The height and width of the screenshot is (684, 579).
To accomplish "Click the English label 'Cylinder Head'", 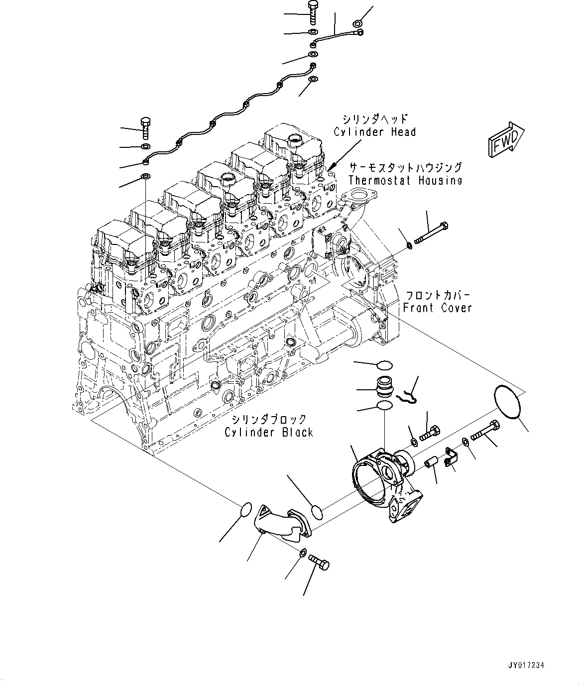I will click(374, 132).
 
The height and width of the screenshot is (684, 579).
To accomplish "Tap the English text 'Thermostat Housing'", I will click(405, 180).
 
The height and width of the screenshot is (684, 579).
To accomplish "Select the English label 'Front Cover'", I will click(437, 308).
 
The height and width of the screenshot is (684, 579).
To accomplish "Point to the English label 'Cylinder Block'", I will click(268, 432).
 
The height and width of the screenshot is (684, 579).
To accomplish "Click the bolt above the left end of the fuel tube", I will click(145, 128).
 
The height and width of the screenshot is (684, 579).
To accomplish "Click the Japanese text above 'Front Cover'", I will click(437, 295).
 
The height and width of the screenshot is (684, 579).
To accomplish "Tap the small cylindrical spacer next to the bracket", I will click(431, 463).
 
